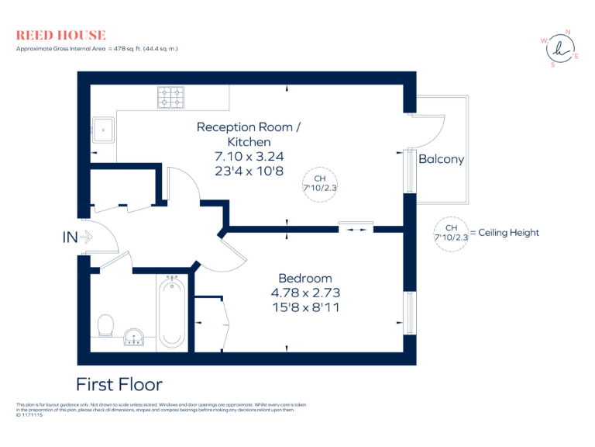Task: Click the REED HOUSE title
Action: tap(60, 35)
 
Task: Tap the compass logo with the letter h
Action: tap(559, 49)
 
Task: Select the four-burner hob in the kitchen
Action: tap(171, 97)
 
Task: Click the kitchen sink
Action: tap(103, 129)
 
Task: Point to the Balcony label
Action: tap(441, 159)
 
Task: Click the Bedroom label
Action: tap(305, 278)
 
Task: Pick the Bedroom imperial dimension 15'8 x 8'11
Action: tap(305, 307)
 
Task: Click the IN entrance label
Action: tap(70, 238)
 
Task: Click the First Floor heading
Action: tap(119, 384)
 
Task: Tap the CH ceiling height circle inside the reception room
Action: tap(320, 183)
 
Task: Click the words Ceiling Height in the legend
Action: tap(508, 233)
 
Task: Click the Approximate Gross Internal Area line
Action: tap(97, 48)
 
